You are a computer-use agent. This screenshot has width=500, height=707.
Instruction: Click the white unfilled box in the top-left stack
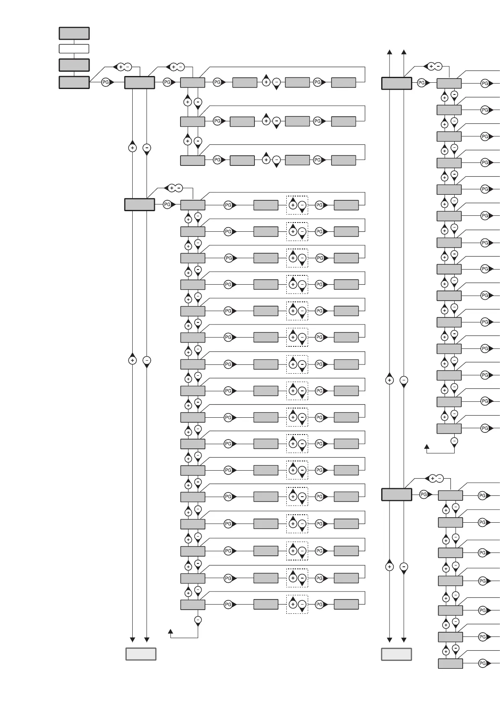[x=74, y=49]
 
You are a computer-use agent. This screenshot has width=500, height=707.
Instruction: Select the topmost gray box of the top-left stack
[x=74, y=33]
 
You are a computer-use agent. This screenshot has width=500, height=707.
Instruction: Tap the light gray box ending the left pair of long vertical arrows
[x=141, y=654]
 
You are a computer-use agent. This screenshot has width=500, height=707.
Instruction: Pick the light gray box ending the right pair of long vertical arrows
[x=396, y=654]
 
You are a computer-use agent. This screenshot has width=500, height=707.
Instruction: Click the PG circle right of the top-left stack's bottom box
[x=106, y=83]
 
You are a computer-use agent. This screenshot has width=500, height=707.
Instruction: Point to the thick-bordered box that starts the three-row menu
[x=140, y=83]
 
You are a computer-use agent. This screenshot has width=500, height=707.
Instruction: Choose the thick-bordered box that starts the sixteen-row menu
[x=140, y=204]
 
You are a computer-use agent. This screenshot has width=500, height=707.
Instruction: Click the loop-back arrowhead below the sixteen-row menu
[x=170, y=631]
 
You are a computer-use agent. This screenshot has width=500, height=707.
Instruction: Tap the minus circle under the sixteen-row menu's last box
[x=198, y=620]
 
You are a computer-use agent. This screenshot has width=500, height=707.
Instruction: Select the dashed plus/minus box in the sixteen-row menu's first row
[x=297, y=205]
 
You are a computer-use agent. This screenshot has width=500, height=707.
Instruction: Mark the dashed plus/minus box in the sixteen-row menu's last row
[x=297, y=604]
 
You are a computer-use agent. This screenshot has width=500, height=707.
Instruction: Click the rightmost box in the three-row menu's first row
[x=343, y=83]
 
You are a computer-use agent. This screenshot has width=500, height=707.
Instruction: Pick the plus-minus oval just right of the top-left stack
[x=123, y=67]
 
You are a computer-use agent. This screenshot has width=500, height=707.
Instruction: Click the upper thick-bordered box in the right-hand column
[x=396, y=83]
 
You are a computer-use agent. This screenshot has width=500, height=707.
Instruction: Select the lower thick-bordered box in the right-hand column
[x=396, y=495]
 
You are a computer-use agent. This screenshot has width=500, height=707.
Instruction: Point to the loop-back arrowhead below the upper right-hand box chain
[x=427, y=446]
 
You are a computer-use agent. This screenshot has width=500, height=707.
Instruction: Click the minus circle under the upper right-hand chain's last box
[x=454, y=441]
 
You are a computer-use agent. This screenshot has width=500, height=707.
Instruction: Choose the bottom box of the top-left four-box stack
[x=74, y=82]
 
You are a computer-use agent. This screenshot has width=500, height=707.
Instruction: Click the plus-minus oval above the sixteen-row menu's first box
[x=175, y=188]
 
